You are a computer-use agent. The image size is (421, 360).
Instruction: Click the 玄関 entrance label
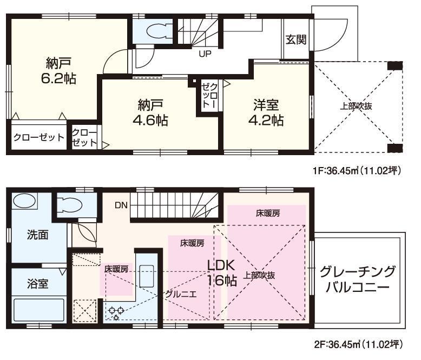pos(297,39)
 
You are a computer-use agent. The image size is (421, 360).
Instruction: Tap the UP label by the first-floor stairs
pos(205,54)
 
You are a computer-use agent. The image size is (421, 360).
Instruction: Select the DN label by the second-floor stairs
pos(121,205)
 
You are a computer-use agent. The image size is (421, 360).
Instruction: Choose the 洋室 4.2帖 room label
pos(267,111)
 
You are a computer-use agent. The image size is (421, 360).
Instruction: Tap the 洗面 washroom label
pos(37,235)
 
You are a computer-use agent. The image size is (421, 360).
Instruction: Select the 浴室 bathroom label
pos(37,283)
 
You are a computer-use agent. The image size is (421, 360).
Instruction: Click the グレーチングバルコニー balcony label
pos(357,279)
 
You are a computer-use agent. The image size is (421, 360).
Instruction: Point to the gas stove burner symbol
pos(115,312)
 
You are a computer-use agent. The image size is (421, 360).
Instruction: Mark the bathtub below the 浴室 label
pos(37,311)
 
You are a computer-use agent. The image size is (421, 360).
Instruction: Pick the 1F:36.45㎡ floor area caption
pos(357,171)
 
